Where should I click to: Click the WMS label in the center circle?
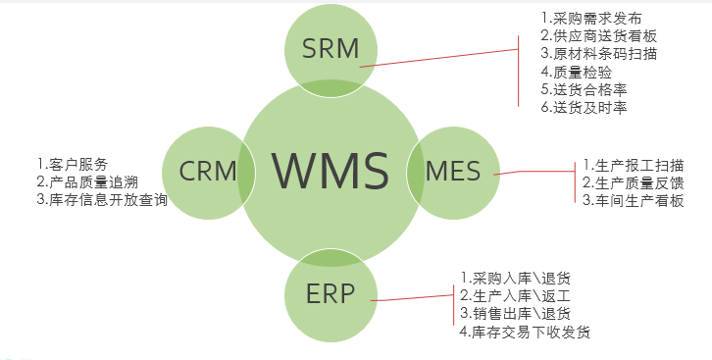click(x=331, y=170)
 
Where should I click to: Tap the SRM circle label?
click(x=331, y=47)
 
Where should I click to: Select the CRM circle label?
click(x=208, y=172)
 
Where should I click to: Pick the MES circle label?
click(x=453, y=172)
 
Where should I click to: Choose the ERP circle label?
click(x=331, y=293)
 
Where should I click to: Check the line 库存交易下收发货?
click(x=526, y=333)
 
